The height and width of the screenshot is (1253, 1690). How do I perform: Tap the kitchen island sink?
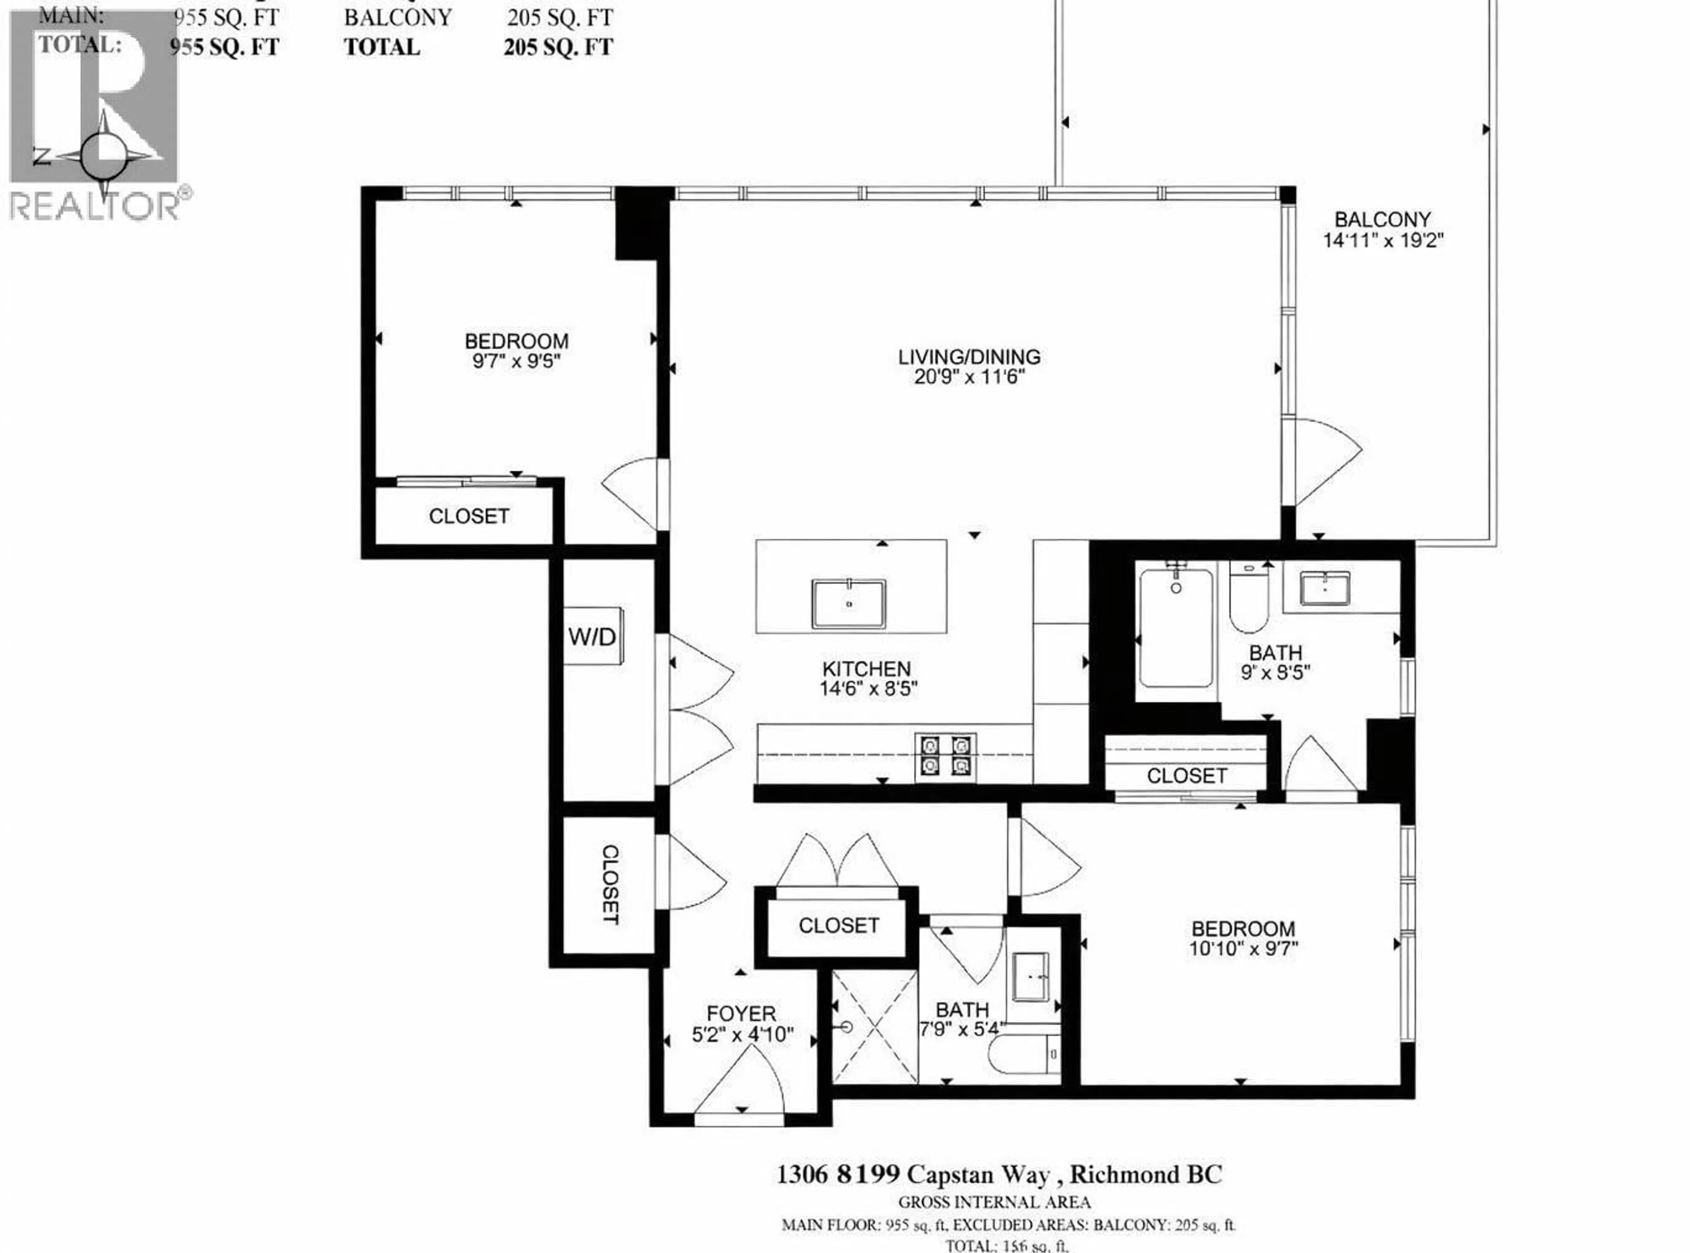[x=849, y=604]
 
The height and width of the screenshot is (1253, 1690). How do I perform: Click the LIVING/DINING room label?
[x=969, y=357]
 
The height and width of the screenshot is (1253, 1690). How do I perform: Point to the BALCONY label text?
[x=1382, y=220]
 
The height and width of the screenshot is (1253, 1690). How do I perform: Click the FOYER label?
[x=741, y=1013]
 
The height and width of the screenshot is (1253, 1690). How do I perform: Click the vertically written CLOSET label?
[x=610, y=884]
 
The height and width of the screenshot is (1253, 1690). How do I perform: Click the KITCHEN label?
[x=867, y=669]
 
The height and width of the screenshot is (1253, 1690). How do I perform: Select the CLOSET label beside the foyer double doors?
[x=838, y=925]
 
